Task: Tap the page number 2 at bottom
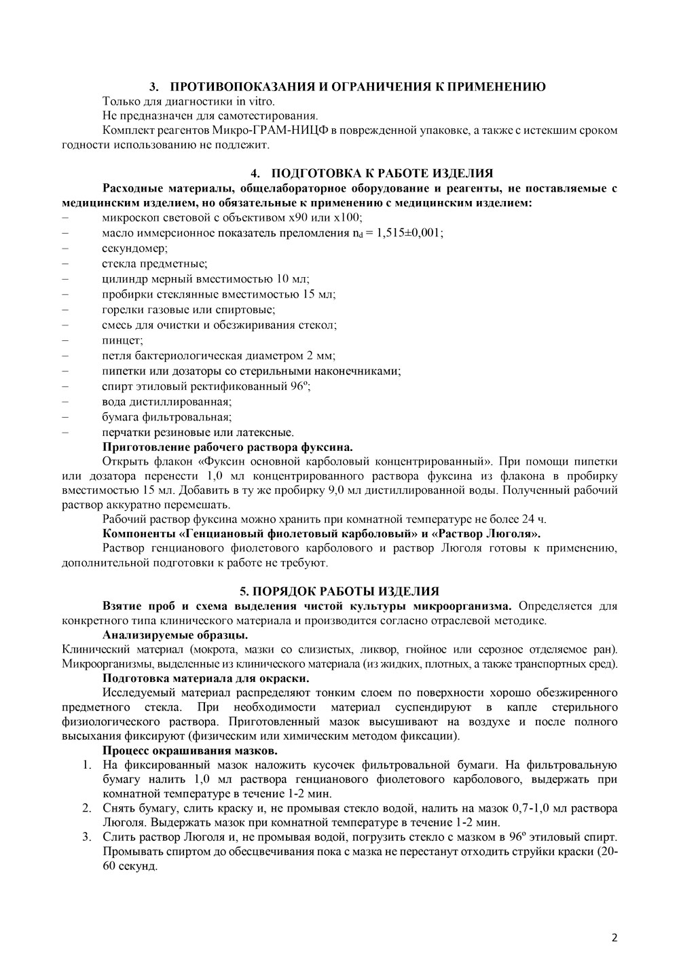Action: (x=614, y=939)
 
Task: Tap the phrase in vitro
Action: (x=255, y=101)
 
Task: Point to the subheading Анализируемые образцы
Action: (x=175, y=636)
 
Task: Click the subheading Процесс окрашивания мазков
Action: (x=189, y=750)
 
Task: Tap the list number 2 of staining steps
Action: (x=88, y=808)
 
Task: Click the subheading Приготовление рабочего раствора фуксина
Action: (x=227, y=447)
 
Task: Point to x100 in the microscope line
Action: (x=349, y=217)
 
